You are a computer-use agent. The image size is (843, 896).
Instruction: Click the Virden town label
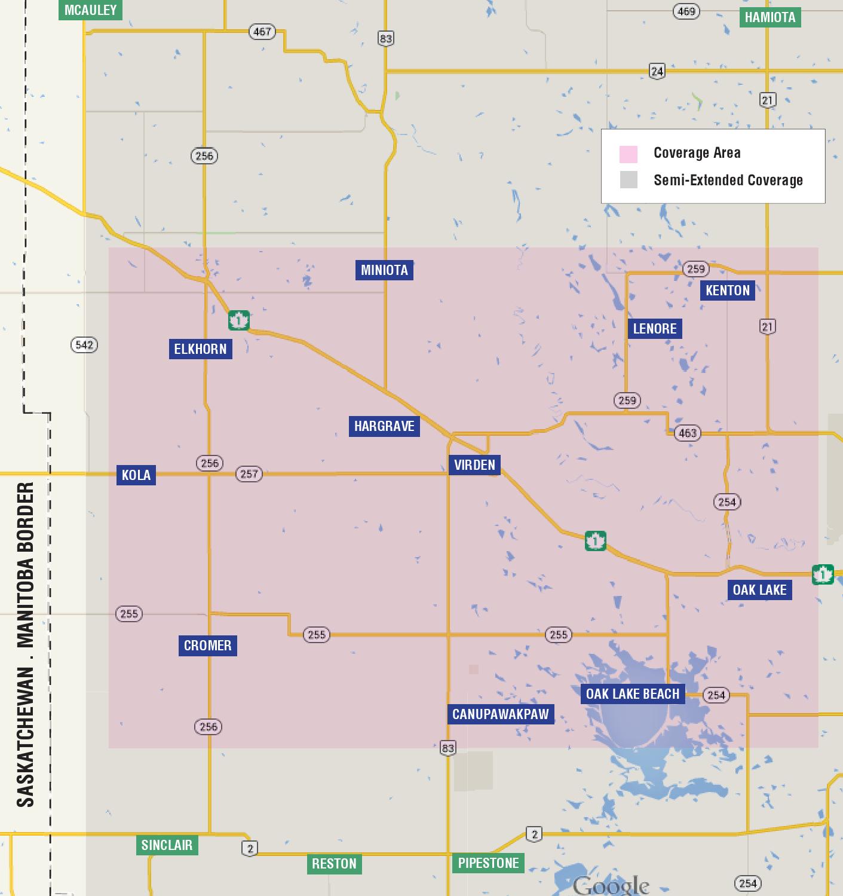pyautogui.click(x=474, y=465)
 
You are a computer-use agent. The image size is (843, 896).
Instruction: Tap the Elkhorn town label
pyautogui.click(x=200, y=349)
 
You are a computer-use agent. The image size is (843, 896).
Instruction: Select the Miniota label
pyautogui.click(x=384, y=270)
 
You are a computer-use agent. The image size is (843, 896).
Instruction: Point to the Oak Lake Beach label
pyautogui.click(x=633, y=694)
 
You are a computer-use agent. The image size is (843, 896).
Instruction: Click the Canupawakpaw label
pyautogui.click(x=500, y=714)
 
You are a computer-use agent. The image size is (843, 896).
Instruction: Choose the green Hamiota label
pyautogui.click(x=770, y=17)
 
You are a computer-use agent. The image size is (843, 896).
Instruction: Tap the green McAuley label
pyautogui.click(x=90, y=10)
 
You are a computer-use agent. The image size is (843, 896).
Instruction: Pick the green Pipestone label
pyautogui.click(x=488, y=863)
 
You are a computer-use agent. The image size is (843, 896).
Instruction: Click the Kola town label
pyautogui.click(x=136, y=475)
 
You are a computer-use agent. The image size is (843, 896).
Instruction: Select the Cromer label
pyautogui.click(x=207, y=646)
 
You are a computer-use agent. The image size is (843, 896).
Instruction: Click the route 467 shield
pyautogui.click(x=262, y=32)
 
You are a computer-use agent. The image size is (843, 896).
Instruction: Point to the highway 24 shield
pyautogui.click(x=657, y=71)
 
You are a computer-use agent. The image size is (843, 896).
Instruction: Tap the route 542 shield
pyautogui.click(x=84, y=345)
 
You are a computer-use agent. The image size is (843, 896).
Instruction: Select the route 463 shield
pyautogui.click(x=688, y=433)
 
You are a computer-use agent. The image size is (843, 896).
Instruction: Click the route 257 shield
pyautogui.click(x=249, y=474)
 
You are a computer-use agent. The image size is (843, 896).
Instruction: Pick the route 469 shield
pyautogui.click(x=686, y=11)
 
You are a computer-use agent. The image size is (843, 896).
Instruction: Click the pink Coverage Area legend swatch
pyautogui.click(x=629, y=154)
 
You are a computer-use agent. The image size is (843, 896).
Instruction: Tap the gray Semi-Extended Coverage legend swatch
pyautogui.click(x=629, y=180)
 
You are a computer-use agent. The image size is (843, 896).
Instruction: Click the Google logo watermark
pyautogui.click(x=611, y=885)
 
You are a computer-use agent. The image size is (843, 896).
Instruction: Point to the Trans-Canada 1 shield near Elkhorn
pyautogui.click(x=238, y=320)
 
